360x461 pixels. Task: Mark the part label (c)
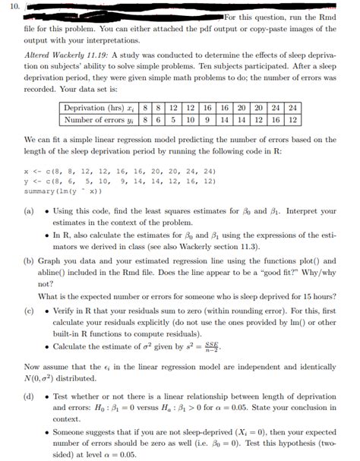point(31,311)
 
